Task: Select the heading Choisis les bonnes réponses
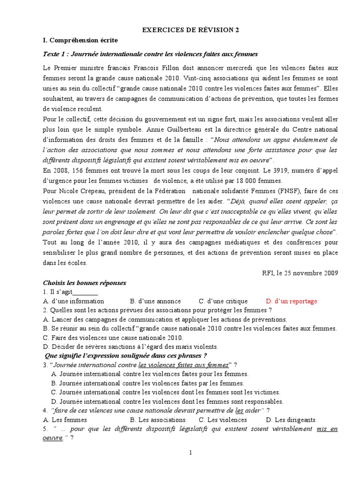(84, 283)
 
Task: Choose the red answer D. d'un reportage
(291, 301)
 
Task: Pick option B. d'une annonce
(152, 301)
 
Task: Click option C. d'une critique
(222, 301)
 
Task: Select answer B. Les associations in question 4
(157, 420)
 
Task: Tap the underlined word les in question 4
(240, 410)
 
